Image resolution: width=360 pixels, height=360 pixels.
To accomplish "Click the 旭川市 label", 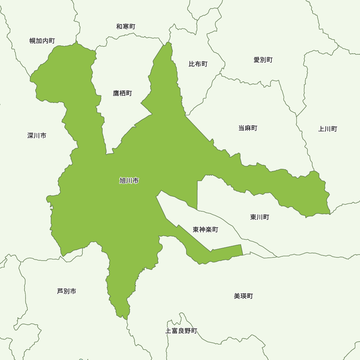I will (x=129, y=181).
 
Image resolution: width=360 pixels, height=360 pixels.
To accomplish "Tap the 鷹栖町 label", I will (x=122, y=93).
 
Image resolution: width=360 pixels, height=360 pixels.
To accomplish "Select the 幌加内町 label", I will (x=42, y=41).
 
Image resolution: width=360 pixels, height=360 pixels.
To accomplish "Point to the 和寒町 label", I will (x=126, y=27).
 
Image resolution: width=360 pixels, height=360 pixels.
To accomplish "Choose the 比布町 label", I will (x=198, y=64).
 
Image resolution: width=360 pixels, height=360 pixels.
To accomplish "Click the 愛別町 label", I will (x=263, y=60).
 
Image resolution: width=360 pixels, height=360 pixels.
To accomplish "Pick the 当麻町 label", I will (x=248, y=128).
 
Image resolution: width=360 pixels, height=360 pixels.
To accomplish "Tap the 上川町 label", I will (x=328, y=129).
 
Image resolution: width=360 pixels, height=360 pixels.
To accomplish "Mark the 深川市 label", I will (x=37, y=136).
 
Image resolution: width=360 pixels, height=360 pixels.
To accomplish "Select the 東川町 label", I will (x=260, y=217).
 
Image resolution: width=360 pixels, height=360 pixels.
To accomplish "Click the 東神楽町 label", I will (x=205, y=229).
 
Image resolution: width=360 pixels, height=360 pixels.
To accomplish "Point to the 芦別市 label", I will (x=67, y=291).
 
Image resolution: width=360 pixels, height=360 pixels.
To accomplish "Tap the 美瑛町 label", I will (x=243, y=296).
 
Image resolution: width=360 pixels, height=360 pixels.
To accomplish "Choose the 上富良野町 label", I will (x=181, y=331).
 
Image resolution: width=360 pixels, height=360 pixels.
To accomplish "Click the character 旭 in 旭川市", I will (x=122, y=181).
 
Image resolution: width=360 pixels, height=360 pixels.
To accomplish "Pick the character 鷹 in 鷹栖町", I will (x=116, y=93).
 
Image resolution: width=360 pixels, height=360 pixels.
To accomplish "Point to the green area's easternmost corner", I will (x=330, y=213).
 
